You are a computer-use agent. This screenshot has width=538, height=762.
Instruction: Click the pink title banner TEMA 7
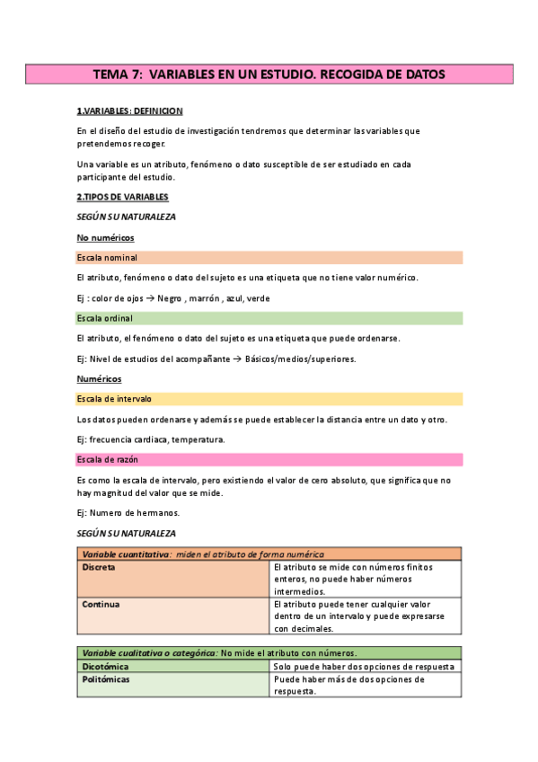click(269, 74)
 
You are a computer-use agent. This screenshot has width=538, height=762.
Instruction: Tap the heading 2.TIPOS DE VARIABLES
click(123, 197)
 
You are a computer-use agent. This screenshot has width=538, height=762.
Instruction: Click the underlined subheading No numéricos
click(106, 237)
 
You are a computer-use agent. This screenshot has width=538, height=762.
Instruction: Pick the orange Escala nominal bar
click(269, 257)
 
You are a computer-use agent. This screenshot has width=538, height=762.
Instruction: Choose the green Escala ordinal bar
click(269, 318)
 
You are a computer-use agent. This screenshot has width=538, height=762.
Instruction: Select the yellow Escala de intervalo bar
click(269, 399)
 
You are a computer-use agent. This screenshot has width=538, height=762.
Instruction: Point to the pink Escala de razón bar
click(269, 460)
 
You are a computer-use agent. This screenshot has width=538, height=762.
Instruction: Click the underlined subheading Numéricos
click(100, 379)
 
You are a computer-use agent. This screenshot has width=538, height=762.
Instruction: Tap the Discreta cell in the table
click(173, 580)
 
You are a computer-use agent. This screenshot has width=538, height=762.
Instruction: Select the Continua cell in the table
click(173, 616)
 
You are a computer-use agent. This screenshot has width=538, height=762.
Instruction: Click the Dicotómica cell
click(173, 667)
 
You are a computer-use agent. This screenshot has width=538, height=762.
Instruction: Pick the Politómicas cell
click(173, 686)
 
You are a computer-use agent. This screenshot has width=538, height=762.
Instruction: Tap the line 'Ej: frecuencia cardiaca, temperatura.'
click(151, 439)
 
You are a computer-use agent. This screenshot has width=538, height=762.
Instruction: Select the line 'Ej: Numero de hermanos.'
click(128, 512)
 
